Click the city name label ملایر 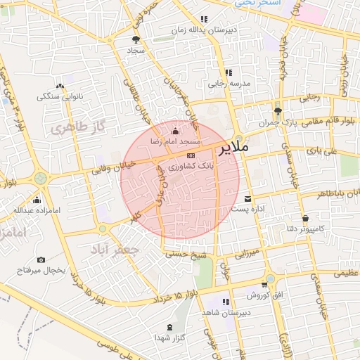click(x=233, y=149)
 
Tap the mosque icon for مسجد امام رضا click(x=175, y=131)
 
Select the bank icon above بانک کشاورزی click(x=191, y=155)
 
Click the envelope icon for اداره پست click(x=247, y=198)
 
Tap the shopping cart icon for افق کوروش click(x=264, y=285)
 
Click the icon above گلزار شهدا click(x=170, y=328)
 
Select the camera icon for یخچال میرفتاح click(x=41, y=260)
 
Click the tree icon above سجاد click(x=136, y=39)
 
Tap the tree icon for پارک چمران click(x=278, y=110)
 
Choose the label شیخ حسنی click(x=182, y=255)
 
